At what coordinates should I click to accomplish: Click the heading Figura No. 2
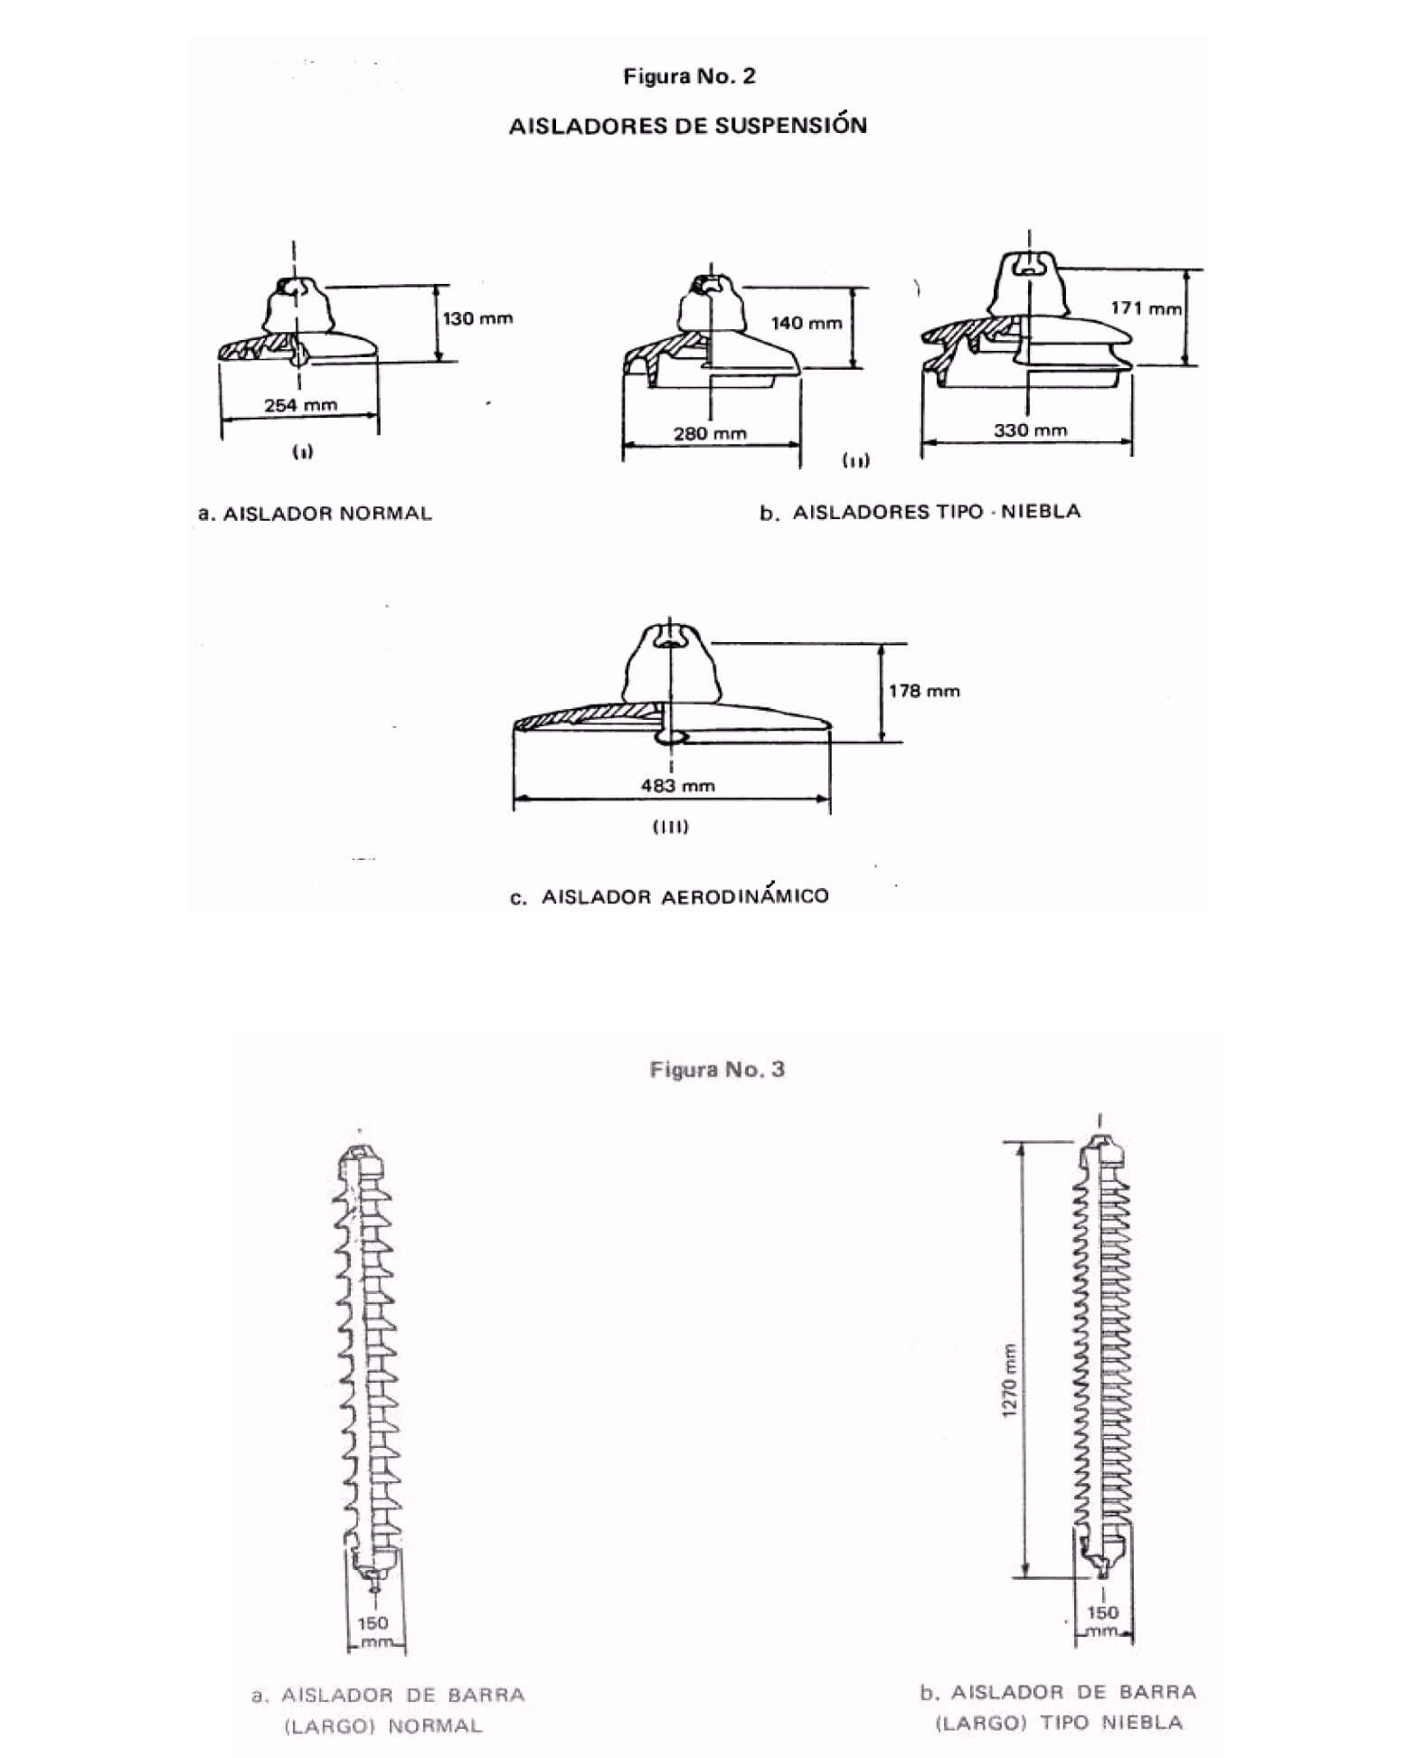pos(689,77)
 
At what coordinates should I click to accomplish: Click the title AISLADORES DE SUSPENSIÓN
pos(687,125)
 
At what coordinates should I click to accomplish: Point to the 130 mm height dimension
pos(477,318)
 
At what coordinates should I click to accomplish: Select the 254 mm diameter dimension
pos(300,405)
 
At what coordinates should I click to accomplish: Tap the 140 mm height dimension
pos(806,323)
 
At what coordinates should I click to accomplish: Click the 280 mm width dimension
pos(710,433)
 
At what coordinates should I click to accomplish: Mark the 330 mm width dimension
pos(1031,430)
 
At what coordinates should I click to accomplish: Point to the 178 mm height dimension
pos(924,691)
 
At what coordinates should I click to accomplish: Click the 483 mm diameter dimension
pos(678,786)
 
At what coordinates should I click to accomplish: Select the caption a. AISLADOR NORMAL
pos(315,514)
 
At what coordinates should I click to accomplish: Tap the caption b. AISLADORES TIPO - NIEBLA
pos(920,512)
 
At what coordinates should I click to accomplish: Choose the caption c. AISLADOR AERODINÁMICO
pos(669,896)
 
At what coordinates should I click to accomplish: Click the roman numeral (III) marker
pos(670,827)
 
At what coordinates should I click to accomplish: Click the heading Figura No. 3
pos(717,1070)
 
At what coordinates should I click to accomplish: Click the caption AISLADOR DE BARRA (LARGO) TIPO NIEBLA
pos(1058,1707)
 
